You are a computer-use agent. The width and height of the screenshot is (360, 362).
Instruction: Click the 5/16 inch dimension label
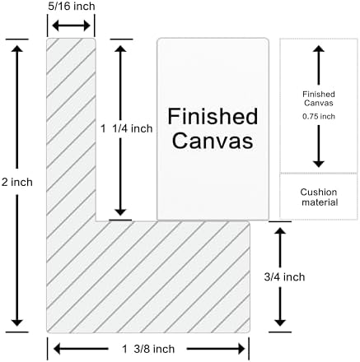pos(72,7)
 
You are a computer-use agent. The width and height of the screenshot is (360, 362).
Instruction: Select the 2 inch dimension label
pos(17,182)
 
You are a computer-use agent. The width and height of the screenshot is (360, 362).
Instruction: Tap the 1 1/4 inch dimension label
pos(126,128)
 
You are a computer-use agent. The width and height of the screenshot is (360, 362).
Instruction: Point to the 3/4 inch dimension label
pos(284,277)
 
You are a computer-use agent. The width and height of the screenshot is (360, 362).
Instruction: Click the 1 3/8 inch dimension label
pos(148,349)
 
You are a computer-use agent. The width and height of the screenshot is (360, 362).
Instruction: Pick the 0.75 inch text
pos(319,117)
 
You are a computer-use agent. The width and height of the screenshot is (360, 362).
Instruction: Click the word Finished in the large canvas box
pos(213,116)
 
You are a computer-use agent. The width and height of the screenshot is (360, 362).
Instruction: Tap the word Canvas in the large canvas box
pos(213,141)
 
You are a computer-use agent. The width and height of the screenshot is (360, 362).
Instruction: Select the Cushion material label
pos(319,197)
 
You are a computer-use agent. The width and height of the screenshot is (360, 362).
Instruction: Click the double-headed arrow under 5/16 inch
pos(71,26)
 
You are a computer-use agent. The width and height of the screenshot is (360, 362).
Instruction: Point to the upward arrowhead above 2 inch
pos(17,49)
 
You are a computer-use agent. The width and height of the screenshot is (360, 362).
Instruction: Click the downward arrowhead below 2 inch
pos(17,323)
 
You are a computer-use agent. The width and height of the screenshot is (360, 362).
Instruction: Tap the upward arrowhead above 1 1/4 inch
pos(120,49)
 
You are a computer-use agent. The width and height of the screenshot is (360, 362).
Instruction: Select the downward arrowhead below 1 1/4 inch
pos(120,212)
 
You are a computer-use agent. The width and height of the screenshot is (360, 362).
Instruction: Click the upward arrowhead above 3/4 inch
pos(280,230)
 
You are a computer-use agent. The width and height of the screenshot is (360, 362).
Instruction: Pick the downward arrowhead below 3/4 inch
pos(280,323)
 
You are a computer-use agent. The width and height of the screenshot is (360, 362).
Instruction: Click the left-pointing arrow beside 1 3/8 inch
pos(81,349)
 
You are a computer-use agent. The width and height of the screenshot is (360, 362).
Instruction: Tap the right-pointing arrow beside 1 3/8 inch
pos(216,349)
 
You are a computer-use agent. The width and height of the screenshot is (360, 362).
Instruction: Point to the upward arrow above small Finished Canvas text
pos(319,65)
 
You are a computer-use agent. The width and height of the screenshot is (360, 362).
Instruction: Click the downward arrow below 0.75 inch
pos(319,146)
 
